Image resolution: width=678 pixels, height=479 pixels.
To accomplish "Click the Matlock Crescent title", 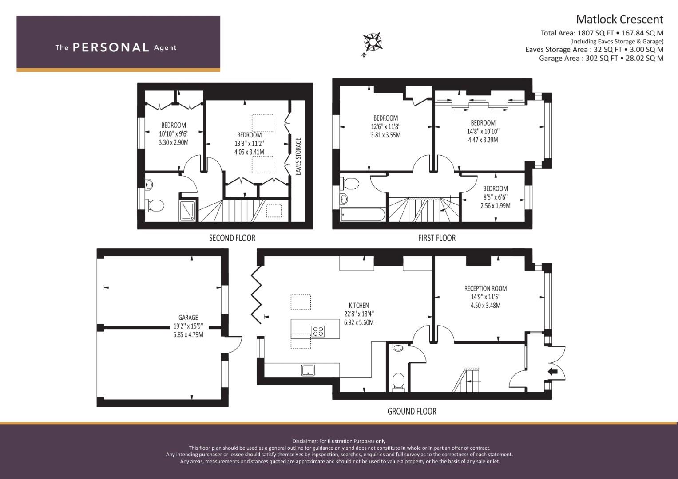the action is (619, 20).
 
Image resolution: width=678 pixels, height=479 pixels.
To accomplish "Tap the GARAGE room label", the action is (188, 318).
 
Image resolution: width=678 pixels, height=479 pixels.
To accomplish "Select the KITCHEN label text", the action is (359, 306).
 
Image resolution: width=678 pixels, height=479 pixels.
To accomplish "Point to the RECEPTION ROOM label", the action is (485, 288).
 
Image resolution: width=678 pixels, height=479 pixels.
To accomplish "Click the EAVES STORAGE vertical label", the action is (298, 157).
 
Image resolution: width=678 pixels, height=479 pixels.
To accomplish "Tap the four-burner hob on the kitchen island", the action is (318, 331).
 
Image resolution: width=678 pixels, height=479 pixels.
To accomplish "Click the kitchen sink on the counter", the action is (308, 370).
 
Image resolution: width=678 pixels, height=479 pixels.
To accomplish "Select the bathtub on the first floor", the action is (363, 214).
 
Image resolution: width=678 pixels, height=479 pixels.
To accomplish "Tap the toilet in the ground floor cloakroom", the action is (398, 382).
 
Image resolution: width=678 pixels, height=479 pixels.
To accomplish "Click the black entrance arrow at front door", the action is (553, 371).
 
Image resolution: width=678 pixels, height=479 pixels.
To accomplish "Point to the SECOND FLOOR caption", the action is (232, 238).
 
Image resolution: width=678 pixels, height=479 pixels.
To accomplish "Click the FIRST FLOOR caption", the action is (437, 238).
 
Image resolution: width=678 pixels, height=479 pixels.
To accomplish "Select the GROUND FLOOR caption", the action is (412, 412).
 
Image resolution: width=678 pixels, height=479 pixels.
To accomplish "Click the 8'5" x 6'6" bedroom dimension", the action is (495, 197).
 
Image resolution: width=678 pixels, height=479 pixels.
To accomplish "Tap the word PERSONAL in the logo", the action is (111, 47).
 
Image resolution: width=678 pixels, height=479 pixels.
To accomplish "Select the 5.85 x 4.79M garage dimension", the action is (188, 335).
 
